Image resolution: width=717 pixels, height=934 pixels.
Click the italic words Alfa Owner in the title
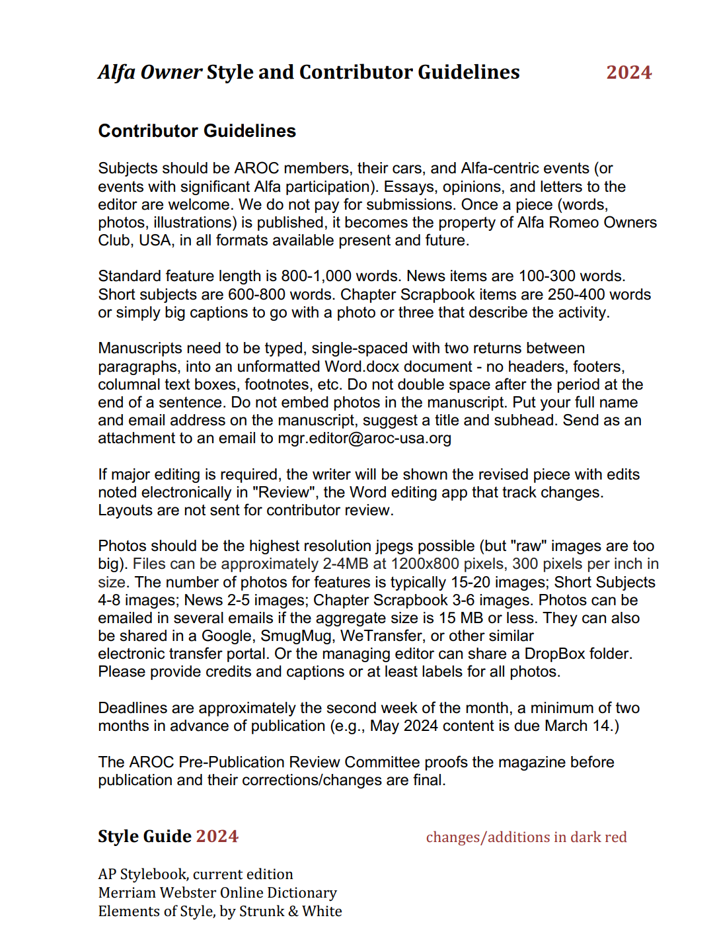[150, 72]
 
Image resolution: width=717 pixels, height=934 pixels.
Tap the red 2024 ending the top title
[628, 72]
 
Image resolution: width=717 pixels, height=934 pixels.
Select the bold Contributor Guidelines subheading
[197, 131]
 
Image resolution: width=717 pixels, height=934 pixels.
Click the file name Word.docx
[362, 366]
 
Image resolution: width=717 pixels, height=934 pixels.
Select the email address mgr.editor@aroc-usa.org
[364, 438]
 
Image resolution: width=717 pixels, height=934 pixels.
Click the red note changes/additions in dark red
[526, 837]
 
